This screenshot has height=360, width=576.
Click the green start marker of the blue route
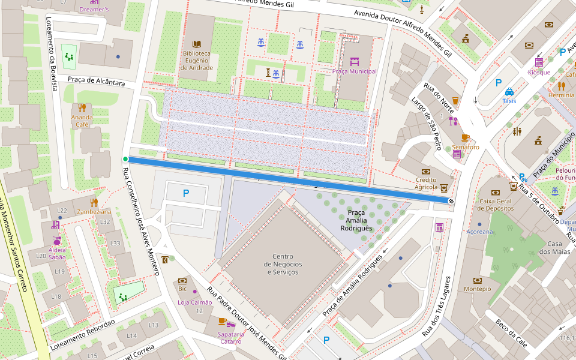[125, 159]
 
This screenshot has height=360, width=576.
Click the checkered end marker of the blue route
[451, 201]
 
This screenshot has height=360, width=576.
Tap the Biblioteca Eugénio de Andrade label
[197, 61]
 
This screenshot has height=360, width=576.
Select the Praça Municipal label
[354, 71]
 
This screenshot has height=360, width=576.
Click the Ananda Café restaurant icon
[82, 108]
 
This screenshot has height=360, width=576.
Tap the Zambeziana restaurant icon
[94, 202]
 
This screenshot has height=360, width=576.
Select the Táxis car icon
[509, 92]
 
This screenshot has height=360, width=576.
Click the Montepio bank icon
[477, 280]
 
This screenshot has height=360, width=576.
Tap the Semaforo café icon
[465, 137]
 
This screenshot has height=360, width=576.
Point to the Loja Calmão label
[194, 302]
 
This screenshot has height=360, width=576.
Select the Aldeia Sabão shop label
[56, 253]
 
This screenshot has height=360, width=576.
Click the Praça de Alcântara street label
[96, 80]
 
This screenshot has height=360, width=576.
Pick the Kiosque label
[539, 72]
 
